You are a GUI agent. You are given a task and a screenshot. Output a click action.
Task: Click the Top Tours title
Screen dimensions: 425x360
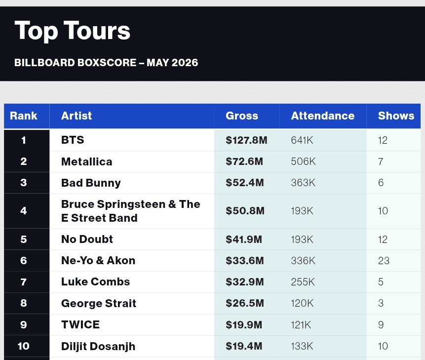point(73,31)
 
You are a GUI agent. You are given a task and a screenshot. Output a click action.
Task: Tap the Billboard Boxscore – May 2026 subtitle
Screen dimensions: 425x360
point(106,63)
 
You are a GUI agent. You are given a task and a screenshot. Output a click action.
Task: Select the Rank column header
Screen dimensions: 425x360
point(24,116)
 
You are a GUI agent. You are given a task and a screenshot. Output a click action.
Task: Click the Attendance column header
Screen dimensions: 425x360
point(323,116)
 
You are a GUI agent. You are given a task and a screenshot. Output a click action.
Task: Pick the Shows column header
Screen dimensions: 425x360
point(396,116)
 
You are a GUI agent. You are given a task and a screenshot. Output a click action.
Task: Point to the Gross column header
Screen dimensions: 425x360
point(242,116)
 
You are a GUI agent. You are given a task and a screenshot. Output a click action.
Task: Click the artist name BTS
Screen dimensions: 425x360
point(73,140)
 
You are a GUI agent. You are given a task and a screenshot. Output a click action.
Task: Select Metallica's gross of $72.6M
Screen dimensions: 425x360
point(244,161)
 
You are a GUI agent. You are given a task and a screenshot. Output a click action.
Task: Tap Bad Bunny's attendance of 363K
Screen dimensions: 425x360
point(303,182)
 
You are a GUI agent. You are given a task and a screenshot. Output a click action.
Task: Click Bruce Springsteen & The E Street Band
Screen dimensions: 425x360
point(131,211)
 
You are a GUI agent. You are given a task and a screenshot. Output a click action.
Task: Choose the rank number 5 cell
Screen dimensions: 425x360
point(24,239)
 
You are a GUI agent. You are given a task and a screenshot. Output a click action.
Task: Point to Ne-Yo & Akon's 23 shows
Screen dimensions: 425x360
point(384,261)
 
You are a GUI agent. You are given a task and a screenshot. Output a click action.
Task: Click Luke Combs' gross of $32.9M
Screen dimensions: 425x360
point(245,281)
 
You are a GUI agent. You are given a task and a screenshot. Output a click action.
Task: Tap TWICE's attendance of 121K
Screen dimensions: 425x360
point(301,324)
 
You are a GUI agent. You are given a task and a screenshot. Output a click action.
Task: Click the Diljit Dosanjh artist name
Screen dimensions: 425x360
point(98,346)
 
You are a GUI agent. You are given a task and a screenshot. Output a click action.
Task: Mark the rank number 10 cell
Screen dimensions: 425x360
point(24,346)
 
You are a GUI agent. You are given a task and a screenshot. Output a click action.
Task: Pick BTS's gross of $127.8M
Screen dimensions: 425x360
point(246,140)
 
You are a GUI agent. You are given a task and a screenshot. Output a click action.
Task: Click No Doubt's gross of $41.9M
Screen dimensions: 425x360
point(244,239)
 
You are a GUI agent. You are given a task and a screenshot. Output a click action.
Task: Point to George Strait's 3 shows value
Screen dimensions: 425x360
point(381,303)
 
